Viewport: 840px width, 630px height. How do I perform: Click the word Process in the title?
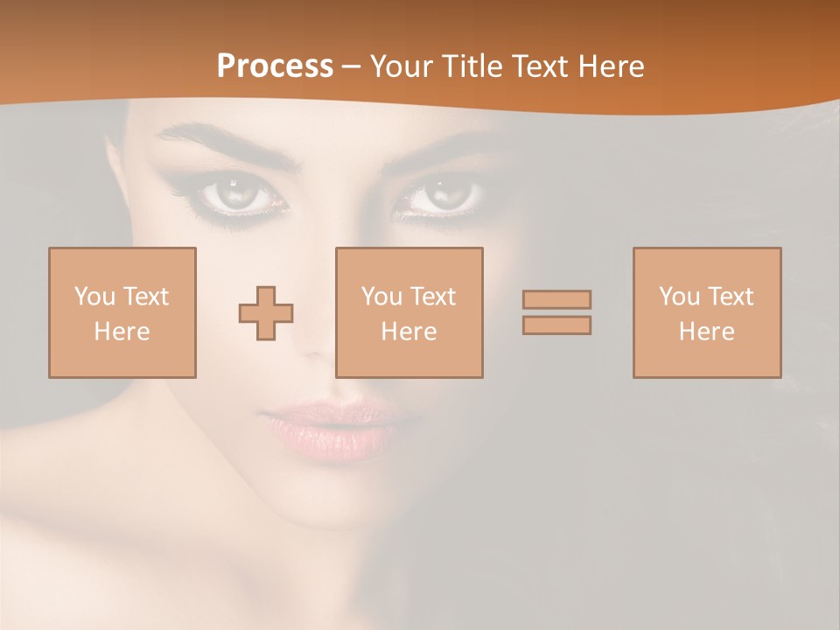[x=275, y=66]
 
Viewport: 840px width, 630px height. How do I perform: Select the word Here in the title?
[x=609, y=66]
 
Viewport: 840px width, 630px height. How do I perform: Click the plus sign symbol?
[x=266, y=313]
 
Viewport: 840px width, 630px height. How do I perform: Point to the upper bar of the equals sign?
[x=556, y=299]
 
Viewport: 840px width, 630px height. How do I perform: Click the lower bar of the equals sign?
[x=556, y=325]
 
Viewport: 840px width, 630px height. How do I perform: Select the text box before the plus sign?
[x=122, y=312]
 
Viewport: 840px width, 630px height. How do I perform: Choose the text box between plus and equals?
[x=409, y=312]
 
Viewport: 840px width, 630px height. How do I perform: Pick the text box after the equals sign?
[x=707, y=312]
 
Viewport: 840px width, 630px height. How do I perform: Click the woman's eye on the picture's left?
[x=237, y=193]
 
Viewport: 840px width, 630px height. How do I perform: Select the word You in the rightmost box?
[x=678, y=297]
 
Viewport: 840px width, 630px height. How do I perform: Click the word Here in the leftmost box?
[x=122, y=332]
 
